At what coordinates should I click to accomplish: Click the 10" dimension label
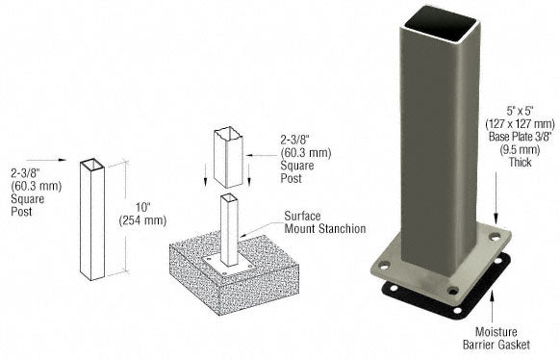pos(142,208)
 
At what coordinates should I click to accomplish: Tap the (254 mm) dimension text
pos(142,220)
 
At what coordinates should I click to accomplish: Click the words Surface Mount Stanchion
pos(324,222)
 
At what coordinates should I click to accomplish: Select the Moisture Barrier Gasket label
pos(496,338)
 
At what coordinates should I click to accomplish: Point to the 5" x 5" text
pos(520,112)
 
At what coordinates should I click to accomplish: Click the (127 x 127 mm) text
pos(520,124)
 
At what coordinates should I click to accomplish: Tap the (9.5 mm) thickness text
pos(520,149)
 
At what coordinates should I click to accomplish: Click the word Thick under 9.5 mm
pos(520,162)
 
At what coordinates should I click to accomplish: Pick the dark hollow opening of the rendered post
pos(442,23)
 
